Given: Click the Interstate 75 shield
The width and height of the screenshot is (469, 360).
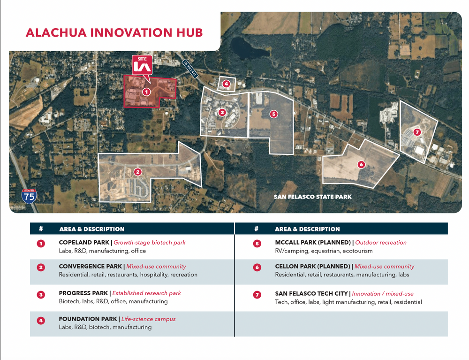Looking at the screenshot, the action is (29, 196).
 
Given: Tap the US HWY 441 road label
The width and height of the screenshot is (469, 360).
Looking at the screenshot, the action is (190, 69).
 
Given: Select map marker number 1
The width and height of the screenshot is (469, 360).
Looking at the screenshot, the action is (146, 92).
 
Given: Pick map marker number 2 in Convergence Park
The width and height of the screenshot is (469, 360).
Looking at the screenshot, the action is (137, 172).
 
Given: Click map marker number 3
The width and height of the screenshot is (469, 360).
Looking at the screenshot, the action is (222, 112).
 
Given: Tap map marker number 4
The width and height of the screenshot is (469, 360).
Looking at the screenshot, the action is (226, 84).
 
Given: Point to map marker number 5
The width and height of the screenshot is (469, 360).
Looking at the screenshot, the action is (273, 114).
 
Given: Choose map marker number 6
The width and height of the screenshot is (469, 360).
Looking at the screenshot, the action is (361, 164).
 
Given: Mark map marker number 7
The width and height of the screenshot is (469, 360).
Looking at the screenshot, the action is (417, 132).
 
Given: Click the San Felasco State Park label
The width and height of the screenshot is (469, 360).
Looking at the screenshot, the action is (312, 197).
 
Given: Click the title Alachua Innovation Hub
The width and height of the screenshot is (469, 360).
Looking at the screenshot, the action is (114, 32).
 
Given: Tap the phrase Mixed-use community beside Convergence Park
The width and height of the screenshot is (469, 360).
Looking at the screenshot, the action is (156, 266).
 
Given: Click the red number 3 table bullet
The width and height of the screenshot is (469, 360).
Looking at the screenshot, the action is (41, 295).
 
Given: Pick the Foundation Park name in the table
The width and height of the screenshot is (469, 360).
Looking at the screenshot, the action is (88, 319).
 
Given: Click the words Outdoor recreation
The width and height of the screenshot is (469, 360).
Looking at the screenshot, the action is (381, 242).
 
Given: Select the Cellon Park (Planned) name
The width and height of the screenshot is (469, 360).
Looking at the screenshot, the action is (312, 266).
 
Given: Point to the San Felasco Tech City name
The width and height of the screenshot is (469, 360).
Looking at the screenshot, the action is (311, 293).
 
